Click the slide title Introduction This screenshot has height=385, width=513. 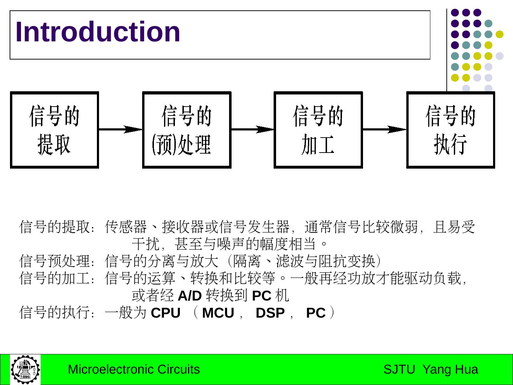pyautogui.click(x=98, y=32)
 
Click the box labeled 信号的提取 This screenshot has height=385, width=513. pyautogui.click(x=55, y=130)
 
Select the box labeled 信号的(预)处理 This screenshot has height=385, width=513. pyautogui.click(x=187, y=130)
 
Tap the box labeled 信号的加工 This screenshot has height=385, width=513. pyautogui.click(x=318, y=130)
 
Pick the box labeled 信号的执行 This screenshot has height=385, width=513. pyautogui.click(x=451, y=130)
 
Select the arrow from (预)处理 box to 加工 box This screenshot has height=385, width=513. pyautogui.click(x=253, y=129)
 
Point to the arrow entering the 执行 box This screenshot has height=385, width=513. pyautogui.click(x=385, y=129)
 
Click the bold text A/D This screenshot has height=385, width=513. pyautogui.click(x=190, y=296)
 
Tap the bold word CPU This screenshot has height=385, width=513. pyautogui.click(x=166, y=313)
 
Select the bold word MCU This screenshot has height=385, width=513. pyautogui.click(x=218, y=313)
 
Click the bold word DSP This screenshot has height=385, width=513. pyautogui.click(x=270, y=313)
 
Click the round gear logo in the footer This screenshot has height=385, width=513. pyautogui.click(x=25, y=370)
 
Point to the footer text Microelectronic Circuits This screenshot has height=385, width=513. pyautogui.click(x=134, y=369)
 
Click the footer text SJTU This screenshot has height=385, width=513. pyautogui.click(x=399, y=369)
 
